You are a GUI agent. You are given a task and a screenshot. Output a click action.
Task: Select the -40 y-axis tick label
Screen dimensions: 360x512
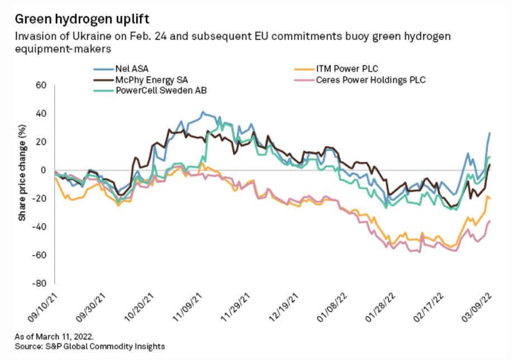pos(41,226)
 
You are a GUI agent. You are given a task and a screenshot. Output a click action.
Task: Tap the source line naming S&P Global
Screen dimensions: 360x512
pos(89,347)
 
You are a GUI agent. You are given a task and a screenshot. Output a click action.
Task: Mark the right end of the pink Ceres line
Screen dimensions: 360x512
pos(490,221)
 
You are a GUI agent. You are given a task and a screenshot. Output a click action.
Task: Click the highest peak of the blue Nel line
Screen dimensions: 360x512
pos(202,112)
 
